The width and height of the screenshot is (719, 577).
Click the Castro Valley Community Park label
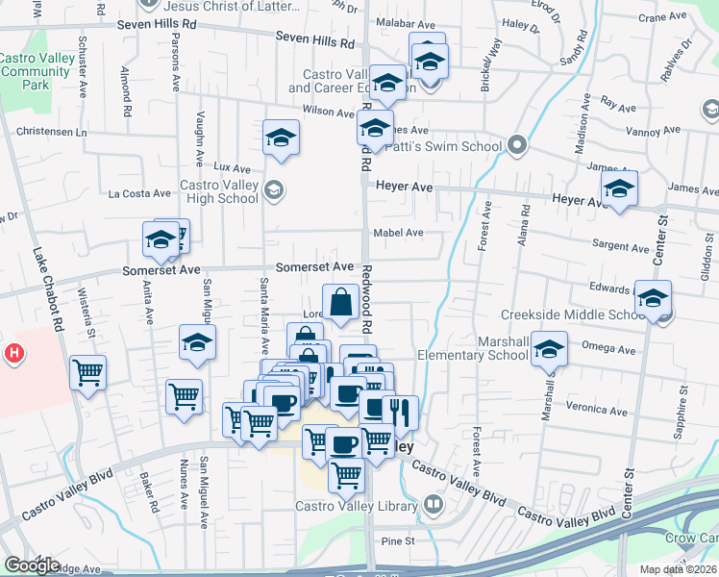tap(36, 72)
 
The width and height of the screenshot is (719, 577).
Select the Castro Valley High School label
tap(219, 191)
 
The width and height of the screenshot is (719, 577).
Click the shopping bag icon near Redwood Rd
tap(341, 303)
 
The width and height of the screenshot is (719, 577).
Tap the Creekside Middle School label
tap(574, 314)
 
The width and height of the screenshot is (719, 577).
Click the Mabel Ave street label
tap(399, 233)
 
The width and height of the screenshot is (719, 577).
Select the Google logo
tap(31, 565)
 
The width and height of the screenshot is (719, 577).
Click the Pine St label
tap(397, 541)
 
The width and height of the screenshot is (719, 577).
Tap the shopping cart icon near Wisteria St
tap(87, 371)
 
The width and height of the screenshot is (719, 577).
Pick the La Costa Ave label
tap(138, 193)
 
